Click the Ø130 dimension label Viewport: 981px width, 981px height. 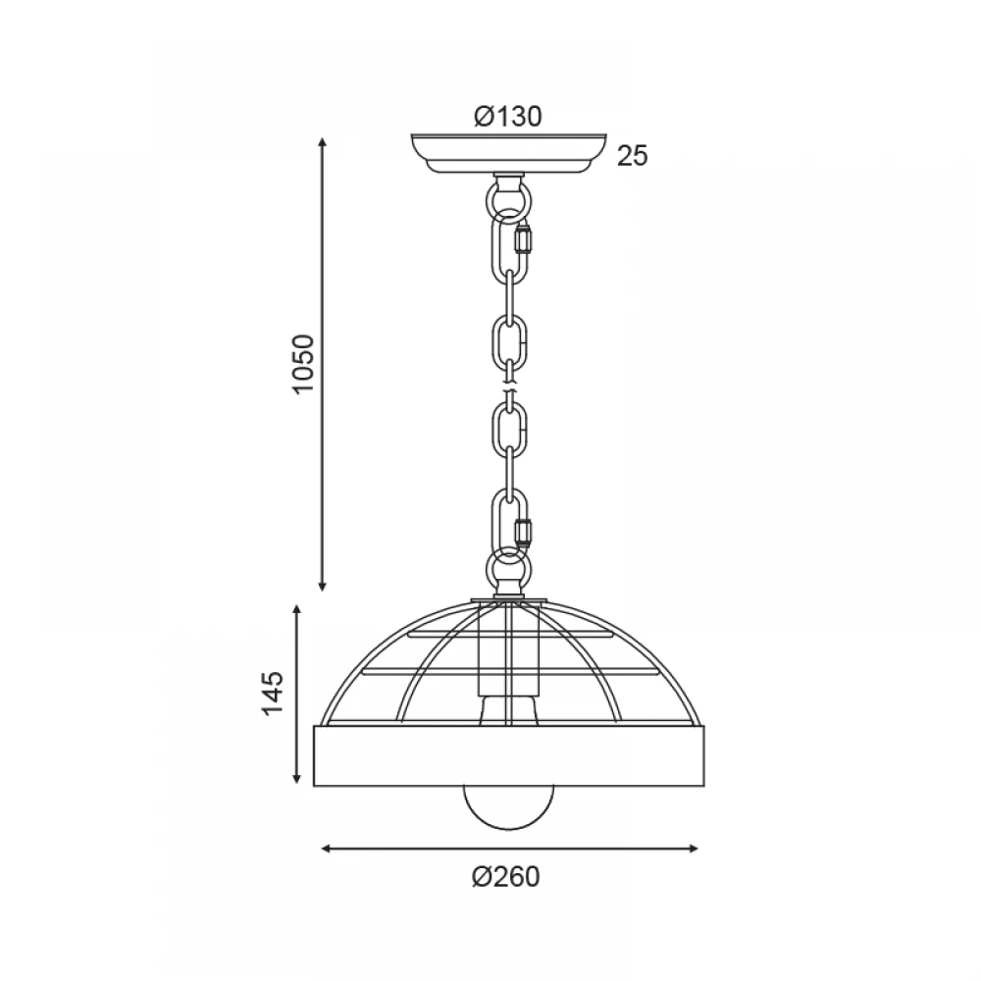point(507,117)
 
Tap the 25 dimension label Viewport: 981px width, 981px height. point(633,156)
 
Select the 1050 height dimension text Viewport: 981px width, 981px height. point(303,364)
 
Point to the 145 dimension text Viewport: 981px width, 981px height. point(273,694)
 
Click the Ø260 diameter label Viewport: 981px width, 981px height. point(505,877)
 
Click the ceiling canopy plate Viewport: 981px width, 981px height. point(508,152)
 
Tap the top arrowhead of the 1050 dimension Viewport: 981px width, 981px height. point(322,142)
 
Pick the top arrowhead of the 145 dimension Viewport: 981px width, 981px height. point(297,609)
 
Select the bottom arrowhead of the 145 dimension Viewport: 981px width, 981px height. point(297,778)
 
